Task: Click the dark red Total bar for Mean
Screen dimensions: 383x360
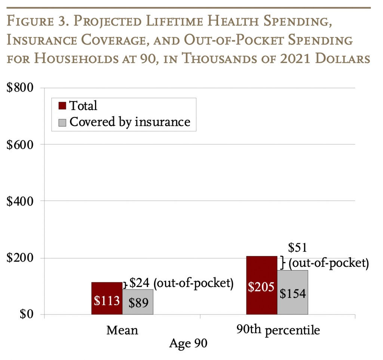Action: pyautogui.click(x=107, y=298)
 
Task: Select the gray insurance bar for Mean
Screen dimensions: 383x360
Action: pyautogui.click(x=138, y=302)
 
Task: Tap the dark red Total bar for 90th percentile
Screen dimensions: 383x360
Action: pyautogui.click(x=261, y=285)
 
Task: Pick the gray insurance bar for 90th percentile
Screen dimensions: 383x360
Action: pyautogui.click(x=292, y=292)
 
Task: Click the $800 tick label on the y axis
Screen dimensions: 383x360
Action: pyautogui.click(x=20, y=88)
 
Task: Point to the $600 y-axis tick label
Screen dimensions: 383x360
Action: pyautogui.click(x=20, y=145)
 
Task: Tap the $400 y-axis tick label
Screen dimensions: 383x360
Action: pyautogui.click(x=20, y=201)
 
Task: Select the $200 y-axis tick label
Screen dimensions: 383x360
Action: pyautogui.click(x=20, y=257)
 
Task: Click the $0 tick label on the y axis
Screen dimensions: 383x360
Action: pyautogui.click(x=27, y=314)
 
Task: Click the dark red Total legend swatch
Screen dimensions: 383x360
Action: pyautogui.click(x=62, y=106)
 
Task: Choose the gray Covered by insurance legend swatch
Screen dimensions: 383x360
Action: pyautogui.click(x=62, y=123)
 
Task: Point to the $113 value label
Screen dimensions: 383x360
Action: pyautogui.click(x=107, y=300)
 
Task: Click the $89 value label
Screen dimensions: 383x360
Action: pyautogui.click(x=138, y=303)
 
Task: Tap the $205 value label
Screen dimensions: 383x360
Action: pyautogui.click(x=261, y=287)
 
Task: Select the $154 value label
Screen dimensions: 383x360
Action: pyautogui.click(x=292, y=293)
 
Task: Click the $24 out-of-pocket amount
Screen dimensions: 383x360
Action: pyautogui.click(x=139, y=283)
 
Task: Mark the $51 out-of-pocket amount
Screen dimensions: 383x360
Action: pyautogui.click(x=297, y=248)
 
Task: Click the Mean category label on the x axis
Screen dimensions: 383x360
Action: pyautogui.click(x=122, y=330)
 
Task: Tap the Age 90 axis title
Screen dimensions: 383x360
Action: pyautogui.click(x=188, y=343)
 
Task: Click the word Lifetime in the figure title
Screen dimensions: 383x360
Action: pyautogui.click(x=174, y=21)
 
